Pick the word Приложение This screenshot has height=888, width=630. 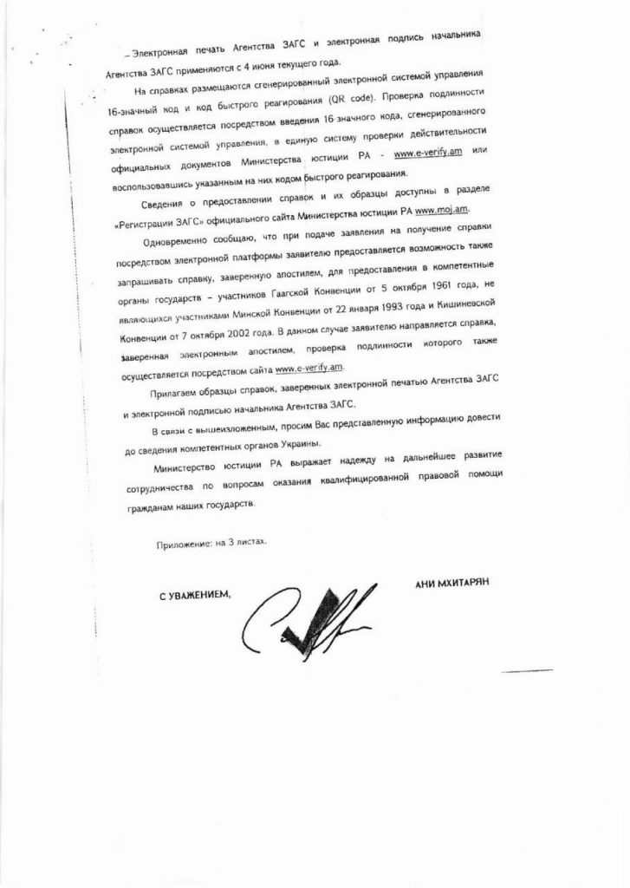[184, 543]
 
